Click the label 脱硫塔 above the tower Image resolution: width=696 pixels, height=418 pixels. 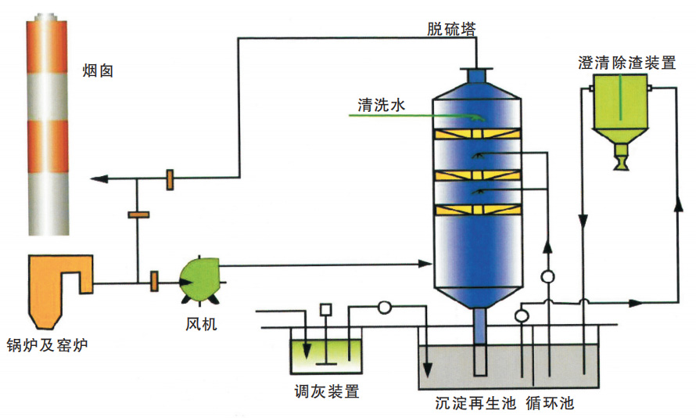click(452, 29)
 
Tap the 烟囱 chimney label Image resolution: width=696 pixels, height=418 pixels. click(99, 71)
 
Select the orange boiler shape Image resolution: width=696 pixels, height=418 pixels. click(56, 282)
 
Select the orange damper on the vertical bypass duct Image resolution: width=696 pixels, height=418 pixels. click(138, 213)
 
